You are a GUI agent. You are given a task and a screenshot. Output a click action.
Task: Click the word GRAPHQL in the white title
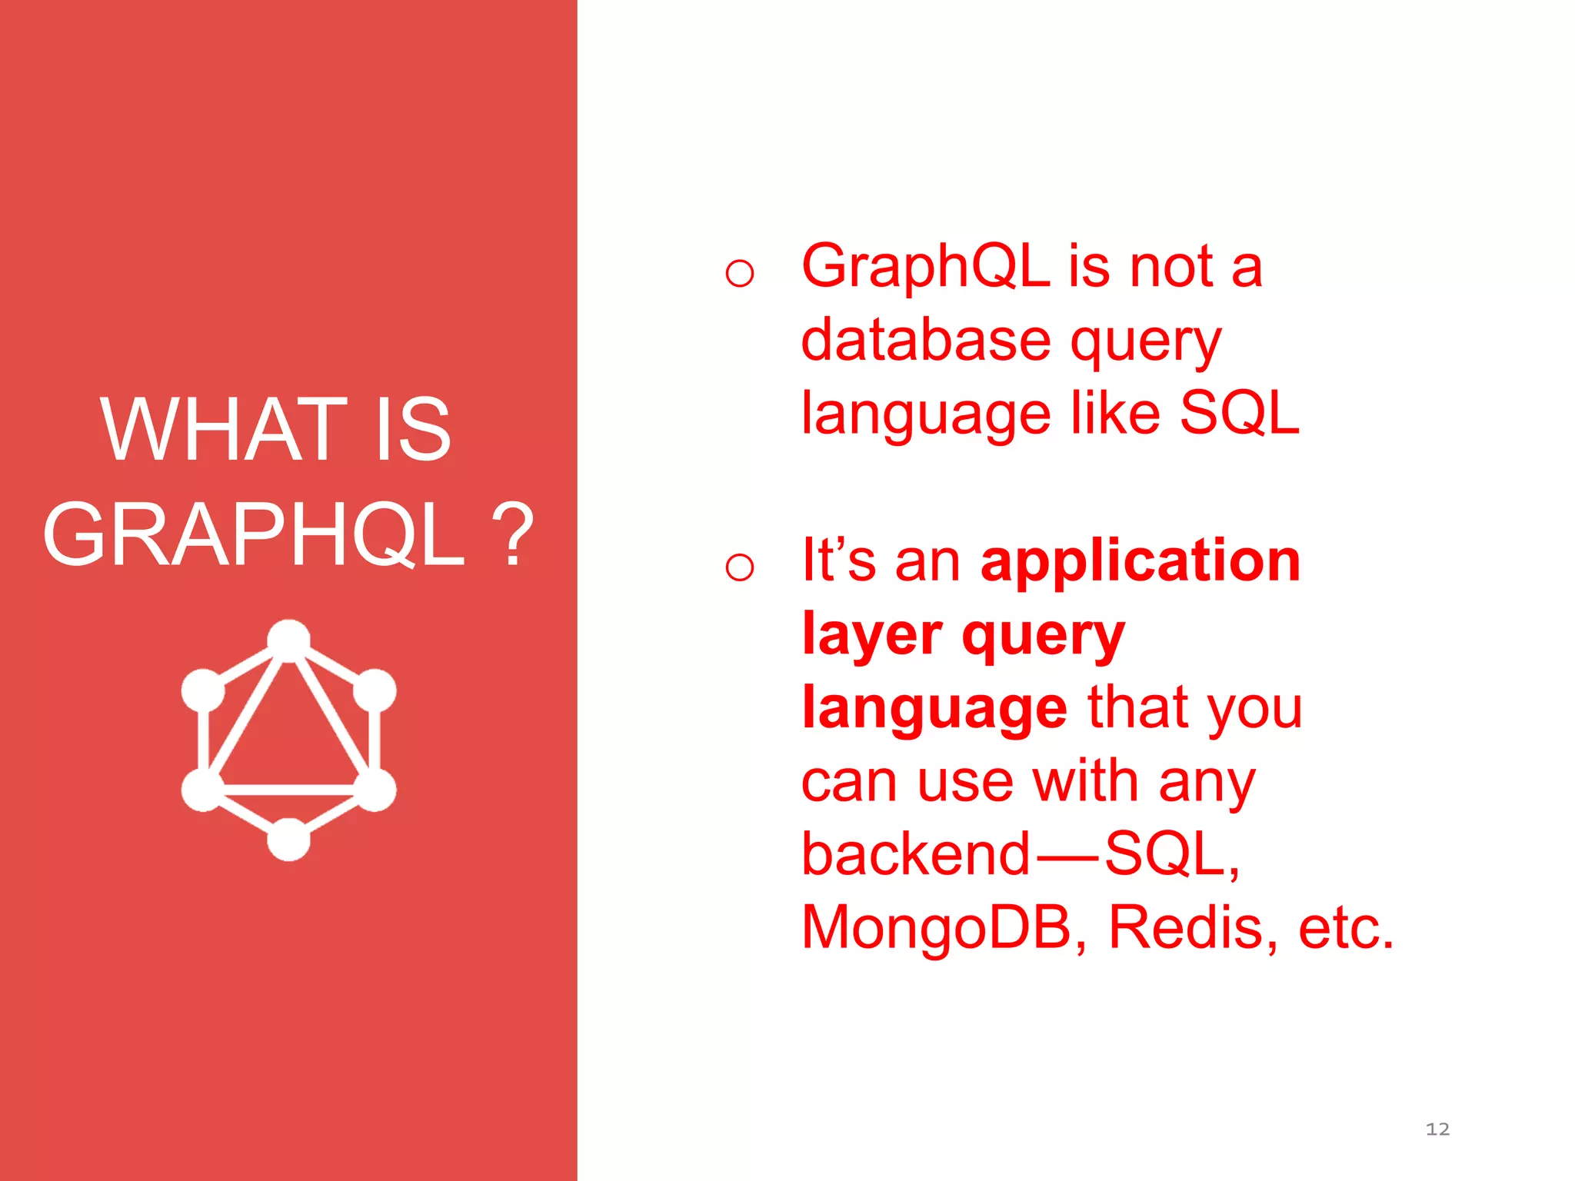[x=254, y=535]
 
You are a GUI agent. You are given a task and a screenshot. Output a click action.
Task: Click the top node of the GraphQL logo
[x=288, y=640]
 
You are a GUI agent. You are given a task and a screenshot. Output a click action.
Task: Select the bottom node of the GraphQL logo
[x=288, y=839]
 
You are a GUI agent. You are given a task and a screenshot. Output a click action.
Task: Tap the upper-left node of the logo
[x=203, y=690]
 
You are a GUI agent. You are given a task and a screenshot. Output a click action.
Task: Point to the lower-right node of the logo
[x=375, y=790]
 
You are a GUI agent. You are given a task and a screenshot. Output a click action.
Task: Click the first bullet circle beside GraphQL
[x=739, y=273]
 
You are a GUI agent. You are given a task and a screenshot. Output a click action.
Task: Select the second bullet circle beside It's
[x=739, y=567]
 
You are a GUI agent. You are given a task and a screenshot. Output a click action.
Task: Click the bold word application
[x=1140, y=561]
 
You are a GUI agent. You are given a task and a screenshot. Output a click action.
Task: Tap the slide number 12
[x=1437, y=1129]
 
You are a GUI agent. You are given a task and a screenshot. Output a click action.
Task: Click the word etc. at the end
[x=1346, y=927]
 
